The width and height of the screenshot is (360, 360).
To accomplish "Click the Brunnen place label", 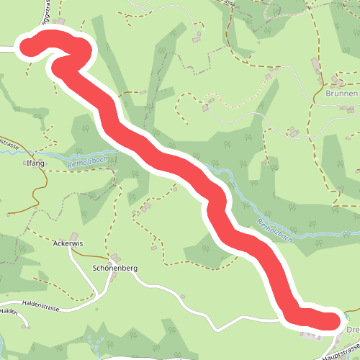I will tap(340, 94).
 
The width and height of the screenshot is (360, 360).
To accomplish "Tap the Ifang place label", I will tap(36, 163).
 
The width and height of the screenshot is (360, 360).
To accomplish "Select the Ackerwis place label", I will tap(68, 243).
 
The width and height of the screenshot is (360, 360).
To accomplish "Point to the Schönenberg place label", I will tap(115, 268).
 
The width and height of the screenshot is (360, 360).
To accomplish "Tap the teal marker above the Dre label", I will tap(349, 318).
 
